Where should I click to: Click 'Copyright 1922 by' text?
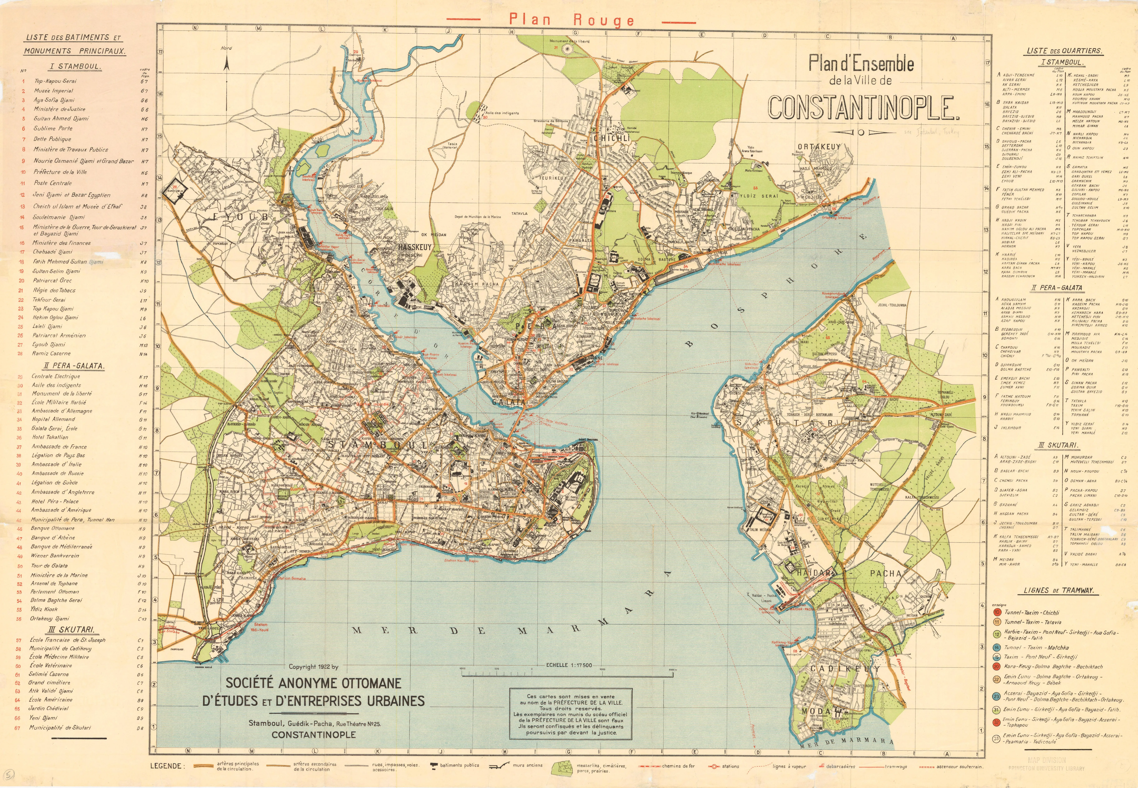(314, 667)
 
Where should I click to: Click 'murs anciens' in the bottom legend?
(528, 765)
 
